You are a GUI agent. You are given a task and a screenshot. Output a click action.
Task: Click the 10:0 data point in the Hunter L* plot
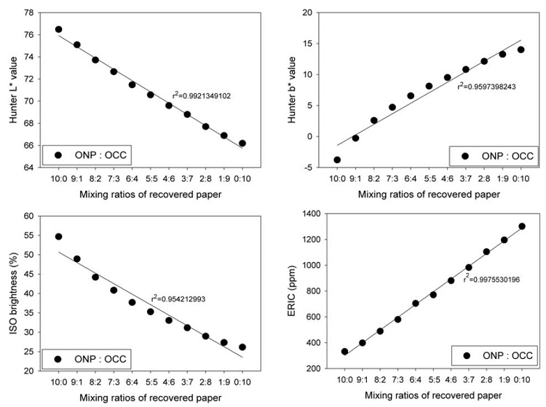[x=58, y=29]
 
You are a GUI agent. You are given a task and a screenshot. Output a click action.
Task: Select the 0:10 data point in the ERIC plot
[x=522, y=226]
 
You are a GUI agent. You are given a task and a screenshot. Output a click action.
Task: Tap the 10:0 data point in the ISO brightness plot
[x=58, y=237]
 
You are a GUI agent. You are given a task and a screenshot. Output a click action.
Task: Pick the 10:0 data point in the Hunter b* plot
[x=337, y=159]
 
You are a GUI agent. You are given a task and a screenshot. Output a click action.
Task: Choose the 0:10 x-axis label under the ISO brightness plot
[x=242, y=383]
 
